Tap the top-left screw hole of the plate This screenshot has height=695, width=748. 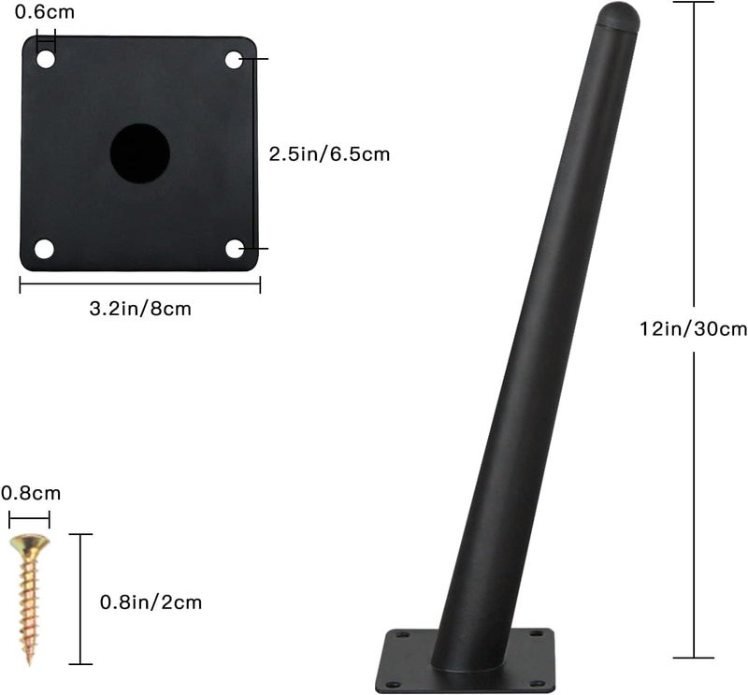[46, 60]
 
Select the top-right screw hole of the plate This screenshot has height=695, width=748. [234, 60]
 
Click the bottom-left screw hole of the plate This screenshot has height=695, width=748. [44, 249]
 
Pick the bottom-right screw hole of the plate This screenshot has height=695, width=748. [235, 249]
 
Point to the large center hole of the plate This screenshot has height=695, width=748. [140, 153]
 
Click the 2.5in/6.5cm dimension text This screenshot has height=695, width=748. [329, 154]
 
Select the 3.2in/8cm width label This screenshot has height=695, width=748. [141, 309]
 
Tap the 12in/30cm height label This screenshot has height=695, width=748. [693, 328]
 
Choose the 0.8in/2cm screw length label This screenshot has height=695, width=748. [151, 602]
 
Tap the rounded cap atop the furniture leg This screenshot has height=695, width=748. [618, 16]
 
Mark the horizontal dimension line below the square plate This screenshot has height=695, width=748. [140, 285]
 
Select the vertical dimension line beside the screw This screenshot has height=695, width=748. [81, 599]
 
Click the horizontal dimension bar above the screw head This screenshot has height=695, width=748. [29, 515]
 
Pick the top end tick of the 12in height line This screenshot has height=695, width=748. [694, 3]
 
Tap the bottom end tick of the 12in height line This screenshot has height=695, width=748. [694, 657]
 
